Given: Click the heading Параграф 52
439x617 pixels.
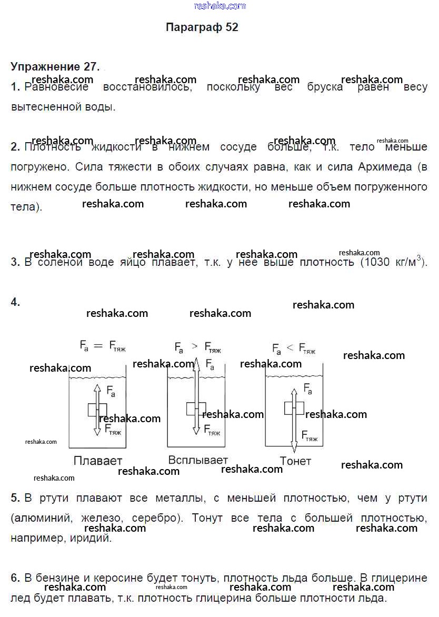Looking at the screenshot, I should click(x=202, y=27).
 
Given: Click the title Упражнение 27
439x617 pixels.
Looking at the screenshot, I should click(x=54, y=67).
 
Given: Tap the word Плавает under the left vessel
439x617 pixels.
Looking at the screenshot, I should click(x=98, y=461).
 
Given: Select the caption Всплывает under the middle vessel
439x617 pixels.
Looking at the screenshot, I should click(x=198, y=460).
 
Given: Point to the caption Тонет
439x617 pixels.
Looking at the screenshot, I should click(x=295, y=461).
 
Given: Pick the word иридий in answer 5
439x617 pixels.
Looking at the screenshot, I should click(x=95, y=539).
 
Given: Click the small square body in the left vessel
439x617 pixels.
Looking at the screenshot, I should click(x=97, y=409).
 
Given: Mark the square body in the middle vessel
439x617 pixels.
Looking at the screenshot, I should click(x=195, y=409).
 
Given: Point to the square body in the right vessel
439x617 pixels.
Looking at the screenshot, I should click(x=294, y=408).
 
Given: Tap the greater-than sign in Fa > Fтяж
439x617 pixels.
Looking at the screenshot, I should click(x=195, y=346).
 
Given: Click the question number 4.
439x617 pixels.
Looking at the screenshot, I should click(x=15, y=302).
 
